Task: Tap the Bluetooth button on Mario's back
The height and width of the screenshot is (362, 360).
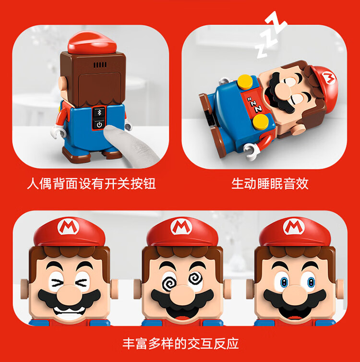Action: tap(99, 113)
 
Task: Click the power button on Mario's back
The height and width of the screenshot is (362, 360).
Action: tap(99, 125)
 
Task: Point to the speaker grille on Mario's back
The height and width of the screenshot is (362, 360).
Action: tap(100, 65)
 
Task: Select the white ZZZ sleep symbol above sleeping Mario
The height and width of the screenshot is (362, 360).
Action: tap(270, 34)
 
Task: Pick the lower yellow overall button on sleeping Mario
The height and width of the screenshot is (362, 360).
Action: tap(261, 121)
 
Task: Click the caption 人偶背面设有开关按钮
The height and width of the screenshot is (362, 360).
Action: tap(91, 184)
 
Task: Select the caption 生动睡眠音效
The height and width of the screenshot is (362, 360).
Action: tap(270, 184)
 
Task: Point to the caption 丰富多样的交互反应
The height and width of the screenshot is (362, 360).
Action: tap(180, 344)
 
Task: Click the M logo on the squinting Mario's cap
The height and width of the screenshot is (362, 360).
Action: tap(68, 227)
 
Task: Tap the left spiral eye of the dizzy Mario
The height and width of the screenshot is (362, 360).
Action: tap(169, 283)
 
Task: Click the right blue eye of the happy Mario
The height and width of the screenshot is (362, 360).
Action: tap(311, 282)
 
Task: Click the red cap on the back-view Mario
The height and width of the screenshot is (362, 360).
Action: tap(92, 42)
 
